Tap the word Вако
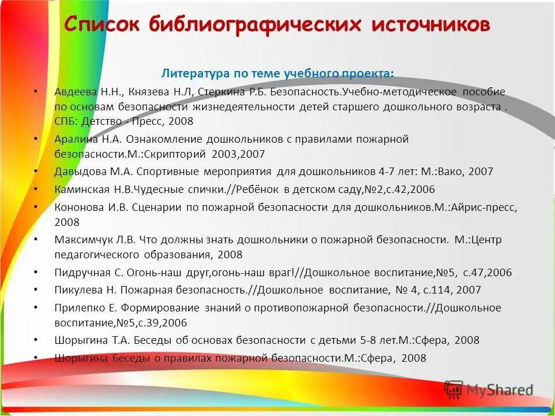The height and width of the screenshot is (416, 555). point(450,172)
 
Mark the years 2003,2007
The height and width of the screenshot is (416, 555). point(238,154)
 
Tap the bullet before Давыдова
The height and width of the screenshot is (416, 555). point(35,171)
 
